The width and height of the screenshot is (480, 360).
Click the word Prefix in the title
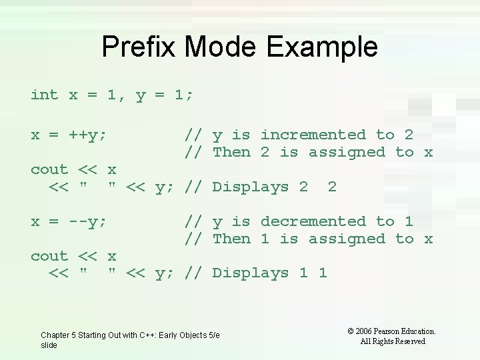[139, 47]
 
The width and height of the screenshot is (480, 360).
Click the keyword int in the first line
[45, 95]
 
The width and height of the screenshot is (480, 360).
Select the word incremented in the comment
[313, 135]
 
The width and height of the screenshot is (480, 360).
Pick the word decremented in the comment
[313, 221]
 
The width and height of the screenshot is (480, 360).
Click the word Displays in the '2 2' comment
[250, 187]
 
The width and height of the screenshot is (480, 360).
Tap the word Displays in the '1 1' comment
[250, 273]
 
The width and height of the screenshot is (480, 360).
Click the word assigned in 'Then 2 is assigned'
[347, 152]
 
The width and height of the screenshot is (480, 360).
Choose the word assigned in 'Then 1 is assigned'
[347, 239]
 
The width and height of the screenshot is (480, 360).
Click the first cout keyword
[49, 170]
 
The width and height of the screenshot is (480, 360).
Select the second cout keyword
[49, 256]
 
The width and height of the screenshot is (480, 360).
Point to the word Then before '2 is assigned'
[231, 152]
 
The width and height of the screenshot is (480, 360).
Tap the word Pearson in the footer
[393, 331]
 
